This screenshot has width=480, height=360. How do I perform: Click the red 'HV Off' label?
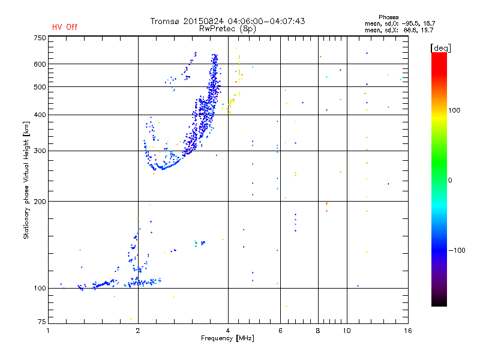click(x=64, y=27)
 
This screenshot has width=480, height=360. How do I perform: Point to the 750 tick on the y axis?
click(x=40, y=38)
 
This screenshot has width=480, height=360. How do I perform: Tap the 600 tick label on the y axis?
click(x=40, y=64)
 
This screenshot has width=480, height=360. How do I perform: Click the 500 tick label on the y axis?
click(x=40, y=87)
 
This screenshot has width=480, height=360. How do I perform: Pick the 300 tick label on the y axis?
click(x=40, y=151)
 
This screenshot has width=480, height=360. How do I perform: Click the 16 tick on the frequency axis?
click(x=407, y=331)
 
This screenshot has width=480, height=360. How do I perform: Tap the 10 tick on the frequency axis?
click(x=346, y=331)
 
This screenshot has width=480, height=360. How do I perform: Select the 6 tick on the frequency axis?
click(x=280, y=331)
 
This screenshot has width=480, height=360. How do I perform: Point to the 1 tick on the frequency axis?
click(x=49, y=331)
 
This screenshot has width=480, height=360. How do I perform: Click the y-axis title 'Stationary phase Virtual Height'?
click(x=27, y=180)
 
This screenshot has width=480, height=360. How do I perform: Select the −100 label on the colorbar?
click(x=458, y=250)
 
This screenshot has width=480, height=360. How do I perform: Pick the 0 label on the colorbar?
click(x=450, y=180)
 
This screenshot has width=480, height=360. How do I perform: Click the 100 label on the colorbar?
click(x=455, y=110)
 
